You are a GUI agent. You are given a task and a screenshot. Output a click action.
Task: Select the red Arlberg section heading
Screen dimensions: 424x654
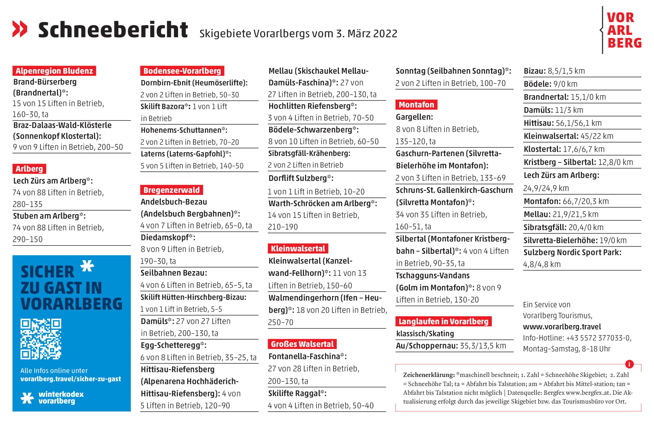click(29, 169)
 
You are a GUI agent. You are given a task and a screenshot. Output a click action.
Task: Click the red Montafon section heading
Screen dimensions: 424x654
click(416, 105)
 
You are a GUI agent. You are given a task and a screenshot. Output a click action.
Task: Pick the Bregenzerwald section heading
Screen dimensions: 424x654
click(171, 190)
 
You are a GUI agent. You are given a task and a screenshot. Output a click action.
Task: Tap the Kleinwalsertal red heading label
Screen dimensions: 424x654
click(298, 248)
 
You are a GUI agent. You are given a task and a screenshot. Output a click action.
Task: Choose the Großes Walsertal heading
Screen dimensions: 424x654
click(302, 344)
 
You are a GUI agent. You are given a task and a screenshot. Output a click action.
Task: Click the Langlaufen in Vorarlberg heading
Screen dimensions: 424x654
click(443, 321)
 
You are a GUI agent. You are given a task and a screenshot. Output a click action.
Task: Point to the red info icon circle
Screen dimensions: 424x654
click(629, 364)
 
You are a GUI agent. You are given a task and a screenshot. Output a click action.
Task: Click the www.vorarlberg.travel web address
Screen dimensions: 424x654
click(562, 327)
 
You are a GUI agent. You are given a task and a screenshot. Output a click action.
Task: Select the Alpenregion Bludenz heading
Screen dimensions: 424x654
click(54, 71)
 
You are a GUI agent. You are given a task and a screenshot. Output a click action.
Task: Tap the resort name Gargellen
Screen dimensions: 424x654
click(414, 117)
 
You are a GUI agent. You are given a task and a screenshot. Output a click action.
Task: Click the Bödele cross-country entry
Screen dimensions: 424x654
click(550, 84)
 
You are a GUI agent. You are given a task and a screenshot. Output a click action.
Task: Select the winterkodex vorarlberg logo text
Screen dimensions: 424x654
click(61, 397)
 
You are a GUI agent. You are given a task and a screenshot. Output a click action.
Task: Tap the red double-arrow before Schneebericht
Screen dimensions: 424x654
click(20, 29)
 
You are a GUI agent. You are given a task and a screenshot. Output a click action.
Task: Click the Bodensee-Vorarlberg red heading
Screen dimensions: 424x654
click(182, 71)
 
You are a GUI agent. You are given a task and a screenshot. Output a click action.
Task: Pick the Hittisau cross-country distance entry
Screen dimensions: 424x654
click(562, 123)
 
